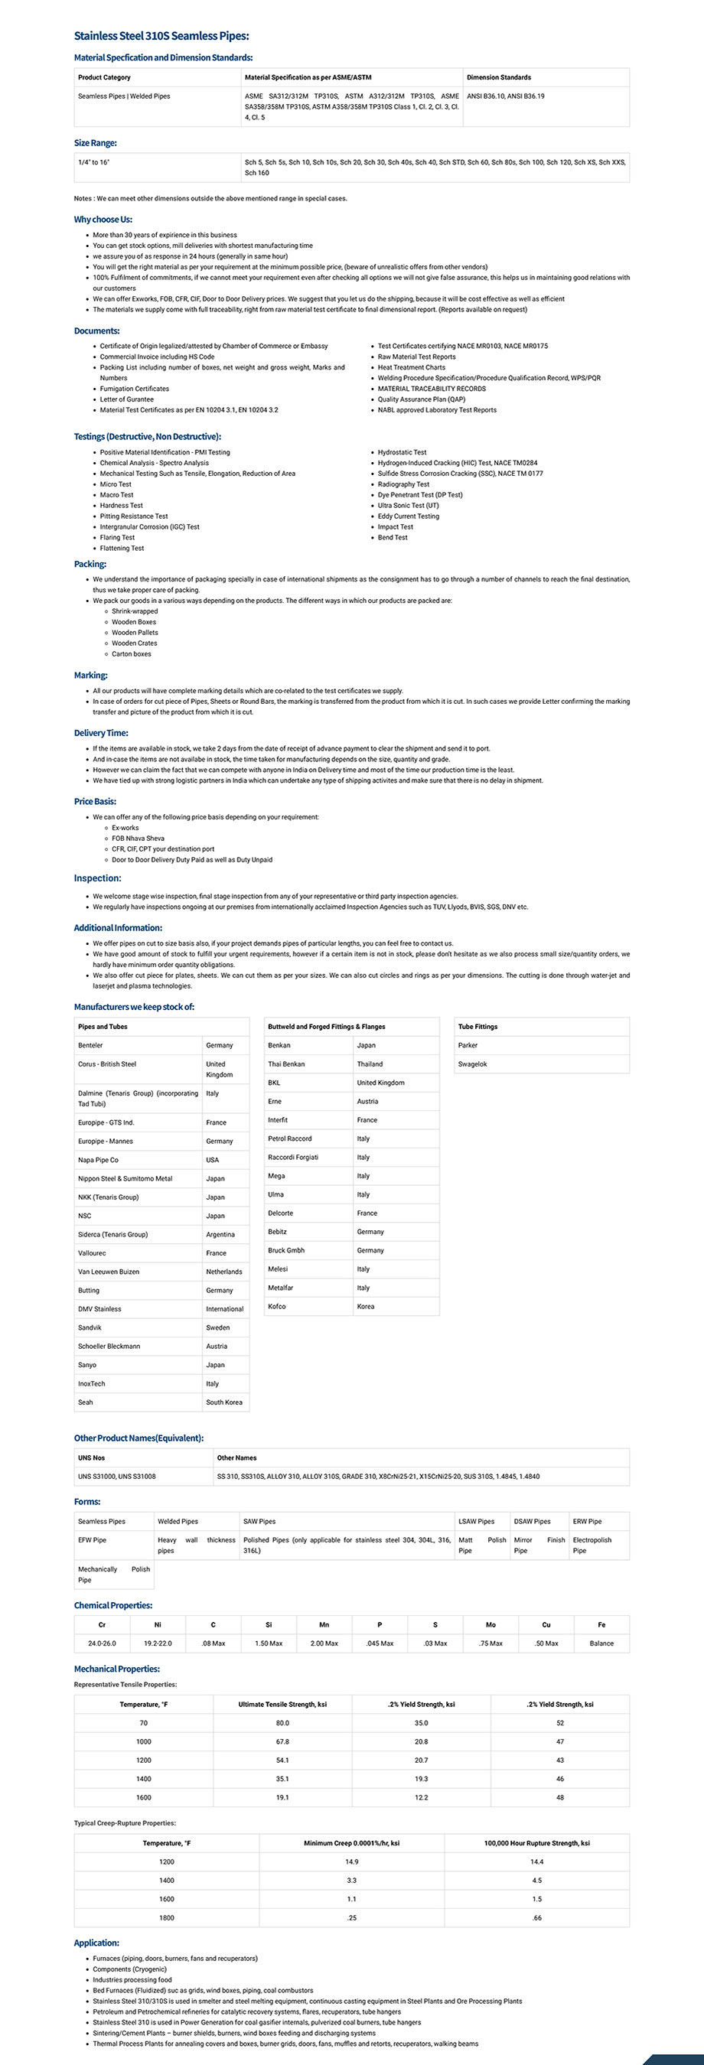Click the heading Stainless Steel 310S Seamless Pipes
161,36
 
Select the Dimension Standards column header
499,78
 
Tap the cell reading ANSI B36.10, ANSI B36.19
505,96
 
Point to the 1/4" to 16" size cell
94,162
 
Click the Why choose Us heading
103,220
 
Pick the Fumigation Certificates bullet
134,389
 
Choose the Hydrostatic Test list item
402,452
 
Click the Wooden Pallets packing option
135,633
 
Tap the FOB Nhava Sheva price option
138,839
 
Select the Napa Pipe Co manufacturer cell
98,1160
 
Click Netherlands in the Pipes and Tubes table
223,1272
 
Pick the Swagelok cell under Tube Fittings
472,1063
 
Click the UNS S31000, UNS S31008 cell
117,1476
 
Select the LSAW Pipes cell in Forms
476,1521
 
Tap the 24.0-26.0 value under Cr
102,1643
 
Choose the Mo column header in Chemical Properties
491,1625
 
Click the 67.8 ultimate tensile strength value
282,1741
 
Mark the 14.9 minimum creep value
351,1861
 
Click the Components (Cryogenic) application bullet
129,1969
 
